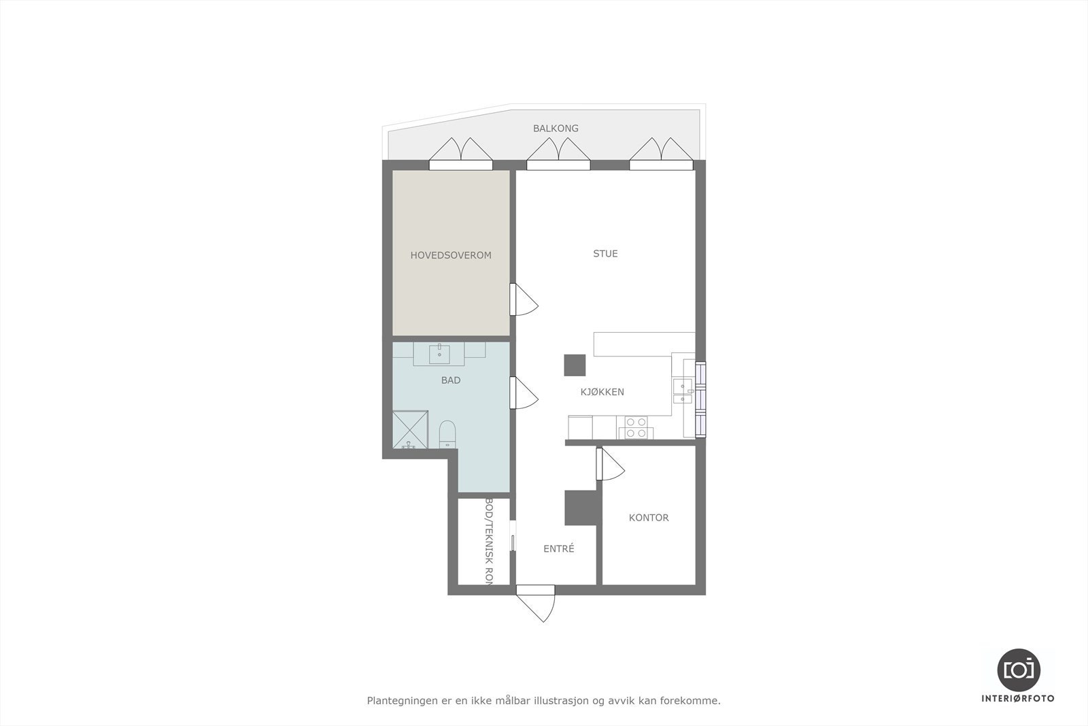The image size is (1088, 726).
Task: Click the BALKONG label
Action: (x=556, y=128)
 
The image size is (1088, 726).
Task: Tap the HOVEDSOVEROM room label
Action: (x=450, y=255)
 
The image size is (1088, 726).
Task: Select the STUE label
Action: (x=605, y=254)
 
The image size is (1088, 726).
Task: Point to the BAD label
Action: (x=450, y=380)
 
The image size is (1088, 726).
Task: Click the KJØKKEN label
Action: (x=602, y=392)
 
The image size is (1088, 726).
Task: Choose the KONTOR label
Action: (x=649, y=518)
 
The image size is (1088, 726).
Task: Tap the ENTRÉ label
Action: (x=558, y=548)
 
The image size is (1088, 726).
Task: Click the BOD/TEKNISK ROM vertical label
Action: (x=488, y=541)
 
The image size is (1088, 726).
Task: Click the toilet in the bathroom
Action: (x=447, y=433)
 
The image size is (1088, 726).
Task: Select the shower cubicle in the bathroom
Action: (x=410, y=429)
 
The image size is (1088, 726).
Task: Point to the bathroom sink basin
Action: (x=439, y=354)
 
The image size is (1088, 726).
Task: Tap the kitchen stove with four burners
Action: (x=635, y=427)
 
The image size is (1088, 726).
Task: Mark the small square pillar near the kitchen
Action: (x=575, y=365)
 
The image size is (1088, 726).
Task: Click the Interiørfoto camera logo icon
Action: (x=1018, y=670)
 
